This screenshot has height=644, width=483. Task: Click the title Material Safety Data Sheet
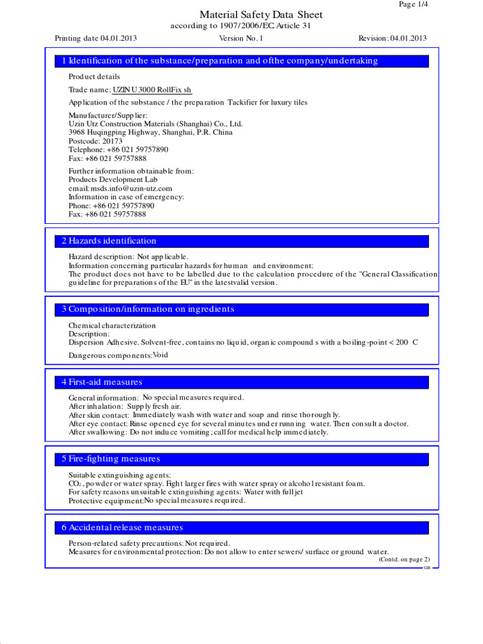[x=261, y=14]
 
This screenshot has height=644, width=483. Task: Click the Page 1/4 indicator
[x=414, y=4]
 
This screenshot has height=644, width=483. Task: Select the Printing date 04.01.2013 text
[x=96, y=38]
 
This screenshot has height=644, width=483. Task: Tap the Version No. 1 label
[x=241, y=38]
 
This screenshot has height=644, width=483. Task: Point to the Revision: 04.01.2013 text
[x=392, y=38]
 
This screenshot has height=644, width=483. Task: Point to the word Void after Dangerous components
[x=161, y=355]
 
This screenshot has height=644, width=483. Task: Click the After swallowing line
[x=198, y=432]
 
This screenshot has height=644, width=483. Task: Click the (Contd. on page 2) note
[x=404, y=559]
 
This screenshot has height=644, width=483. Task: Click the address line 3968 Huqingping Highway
[x=150, y=133]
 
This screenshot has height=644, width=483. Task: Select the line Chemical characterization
[x=112, y=326]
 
